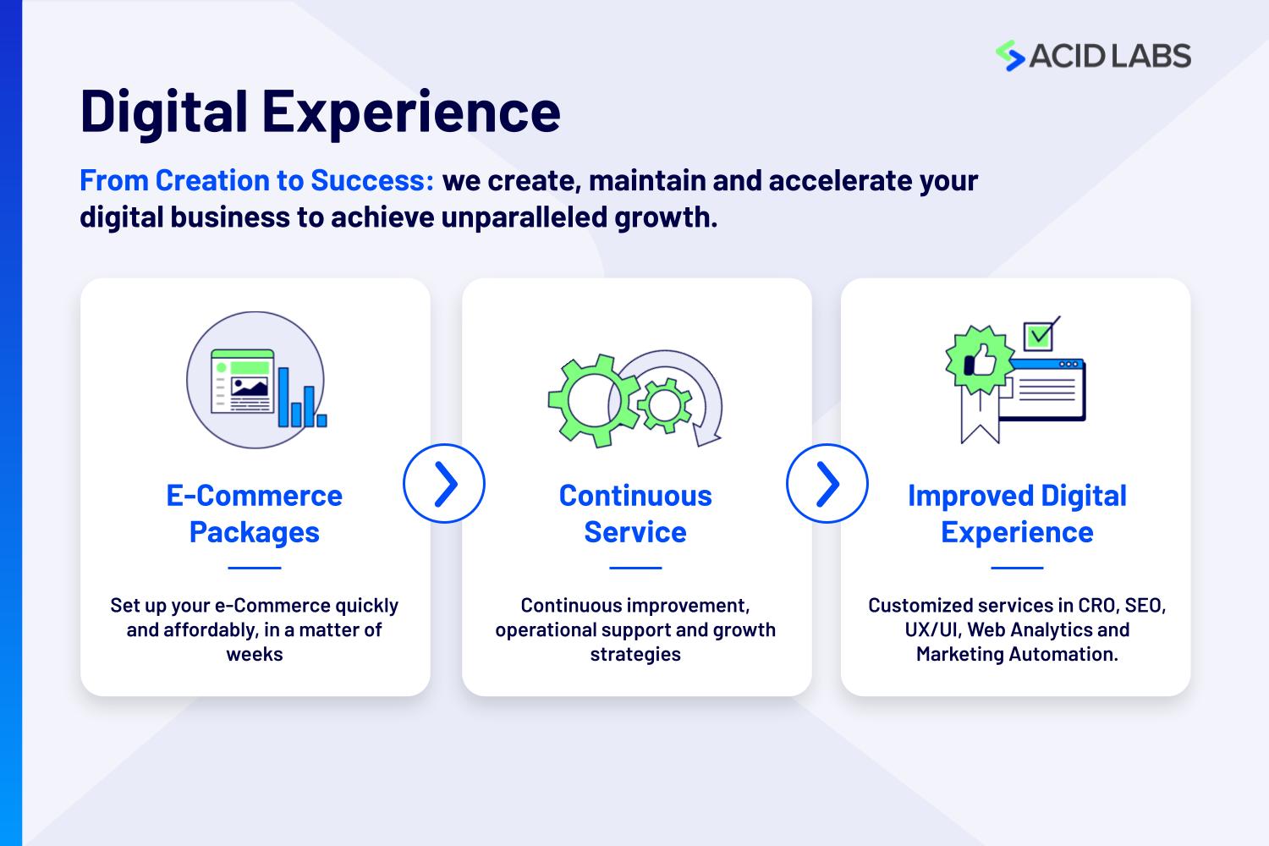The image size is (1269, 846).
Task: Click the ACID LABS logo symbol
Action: click(1010, 56)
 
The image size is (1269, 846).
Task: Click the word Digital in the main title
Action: click(164, 113)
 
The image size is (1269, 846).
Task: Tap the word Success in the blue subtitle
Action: click(371, 181)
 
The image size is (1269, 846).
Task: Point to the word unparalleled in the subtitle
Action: click(524, 217)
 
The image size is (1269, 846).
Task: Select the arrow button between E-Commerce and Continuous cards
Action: click(444, 483)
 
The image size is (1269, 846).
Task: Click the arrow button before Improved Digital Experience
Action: click(827, 483)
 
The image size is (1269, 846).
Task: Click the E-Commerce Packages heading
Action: click(255, 514)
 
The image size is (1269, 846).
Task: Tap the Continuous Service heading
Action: click(635, 514)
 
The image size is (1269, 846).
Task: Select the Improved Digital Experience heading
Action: click(1018, 514)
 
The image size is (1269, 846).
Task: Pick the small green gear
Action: click(664, 405)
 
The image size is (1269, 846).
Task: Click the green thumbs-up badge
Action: click(980, 360)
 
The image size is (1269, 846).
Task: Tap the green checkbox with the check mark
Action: click(1038, 337)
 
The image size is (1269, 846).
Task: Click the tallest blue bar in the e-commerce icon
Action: click(283, 397)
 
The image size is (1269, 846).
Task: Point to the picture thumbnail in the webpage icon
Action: click(250, 387)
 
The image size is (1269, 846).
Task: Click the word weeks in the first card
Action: click(255, 654)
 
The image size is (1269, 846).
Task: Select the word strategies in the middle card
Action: click(635, 655)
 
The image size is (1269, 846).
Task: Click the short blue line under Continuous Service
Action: click(635, 567)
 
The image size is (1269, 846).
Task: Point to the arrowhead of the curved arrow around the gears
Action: click(707, 437)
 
